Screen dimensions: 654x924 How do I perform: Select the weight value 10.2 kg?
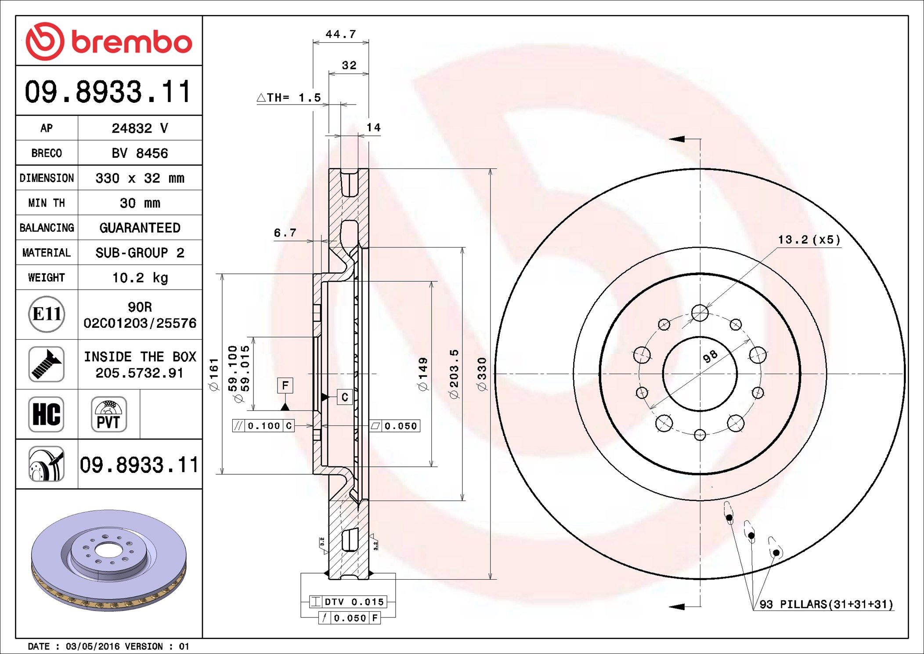140,278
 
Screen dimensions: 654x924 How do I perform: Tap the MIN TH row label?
47,203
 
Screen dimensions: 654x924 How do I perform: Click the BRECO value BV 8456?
140,153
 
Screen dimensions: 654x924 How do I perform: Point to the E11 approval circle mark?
47,314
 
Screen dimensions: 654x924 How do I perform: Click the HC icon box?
46,414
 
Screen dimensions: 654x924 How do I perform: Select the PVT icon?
108,414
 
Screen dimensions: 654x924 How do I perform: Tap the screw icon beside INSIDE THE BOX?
46,364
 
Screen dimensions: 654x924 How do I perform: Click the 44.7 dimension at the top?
340,34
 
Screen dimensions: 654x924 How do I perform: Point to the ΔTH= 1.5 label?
289,98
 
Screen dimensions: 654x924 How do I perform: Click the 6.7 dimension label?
285,233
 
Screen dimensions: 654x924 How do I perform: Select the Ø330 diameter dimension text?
482,374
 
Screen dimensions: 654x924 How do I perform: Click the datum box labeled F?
285,386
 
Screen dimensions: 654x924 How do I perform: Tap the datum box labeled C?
345,397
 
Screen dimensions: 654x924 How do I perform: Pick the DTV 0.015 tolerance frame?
348,602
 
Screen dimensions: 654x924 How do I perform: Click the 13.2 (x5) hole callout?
809,240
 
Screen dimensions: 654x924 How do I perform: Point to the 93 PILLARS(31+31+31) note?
826,604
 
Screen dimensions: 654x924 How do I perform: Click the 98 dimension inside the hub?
710,356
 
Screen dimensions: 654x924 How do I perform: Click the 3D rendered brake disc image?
108,560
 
